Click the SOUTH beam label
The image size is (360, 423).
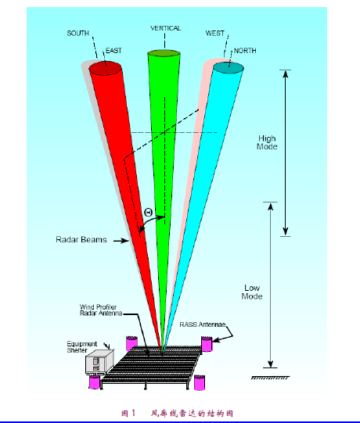tap(77, 33)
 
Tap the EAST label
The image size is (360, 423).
tap(113, 51)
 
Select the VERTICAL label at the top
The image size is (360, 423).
tap(166, 28)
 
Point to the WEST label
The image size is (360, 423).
tap(215, 33)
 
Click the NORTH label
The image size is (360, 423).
tap(245, 51)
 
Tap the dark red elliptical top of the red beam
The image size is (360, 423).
tap(106, 68)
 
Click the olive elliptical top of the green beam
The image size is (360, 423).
tap(164, 53)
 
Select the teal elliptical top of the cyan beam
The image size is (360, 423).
tap(229, 68)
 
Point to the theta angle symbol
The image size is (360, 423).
tap(149, 213)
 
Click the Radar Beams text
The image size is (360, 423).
tap(81, 239)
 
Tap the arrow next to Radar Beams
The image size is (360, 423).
tap(121, 241)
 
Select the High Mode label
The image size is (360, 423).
tap(267, 142)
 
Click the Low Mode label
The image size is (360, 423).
tap(252, 292)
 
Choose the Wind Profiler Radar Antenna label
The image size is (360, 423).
tap(101, 310)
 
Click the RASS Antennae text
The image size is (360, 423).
tap(203, 324)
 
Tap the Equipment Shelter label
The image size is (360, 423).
tap(82, 347)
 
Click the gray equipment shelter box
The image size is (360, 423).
tap(99, 362)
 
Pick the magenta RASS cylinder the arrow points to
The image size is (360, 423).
tap(207, 344)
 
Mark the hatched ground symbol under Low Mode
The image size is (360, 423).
tap(270, 378)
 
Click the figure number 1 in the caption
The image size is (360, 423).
tap(133, 413)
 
